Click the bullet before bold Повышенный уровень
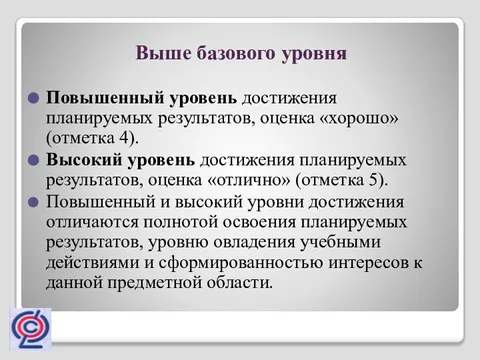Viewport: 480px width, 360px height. tap(34, 98)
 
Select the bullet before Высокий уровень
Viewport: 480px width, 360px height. tap(34, 160)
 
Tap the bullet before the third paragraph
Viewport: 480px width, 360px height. tap(34, 201)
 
